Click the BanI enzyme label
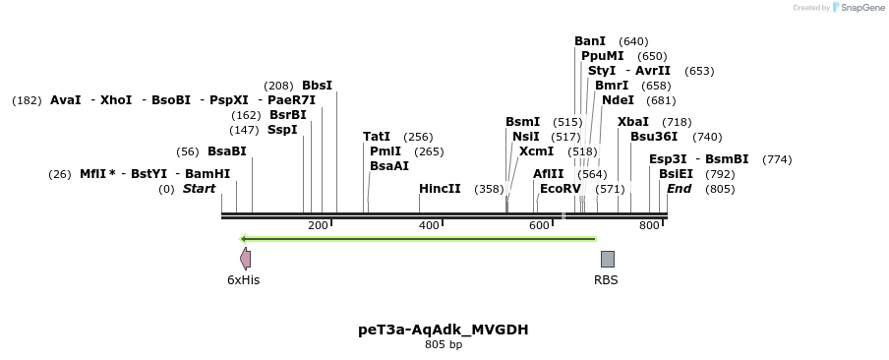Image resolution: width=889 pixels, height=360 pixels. (590, 41)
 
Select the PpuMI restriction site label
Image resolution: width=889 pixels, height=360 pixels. (602, 56)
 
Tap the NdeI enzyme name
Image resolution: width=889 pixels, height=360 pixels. (618, 100)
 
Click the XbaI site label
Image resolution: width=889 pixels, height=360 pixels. (633, 122)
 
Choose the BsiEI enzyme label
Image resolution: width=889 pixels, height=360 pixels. (676, 174)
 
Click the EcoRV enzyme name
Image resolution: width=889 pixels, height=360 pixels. (561, 189)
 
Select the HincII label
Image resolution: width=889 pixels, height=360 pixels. (440, 189)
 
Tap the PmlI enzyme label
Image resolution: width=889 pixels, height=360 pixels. (385, 151)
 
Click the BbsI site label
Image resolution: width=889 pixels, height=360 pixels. (317, 86)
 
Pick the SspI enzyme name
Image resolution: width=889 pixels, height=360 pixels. (282, 130)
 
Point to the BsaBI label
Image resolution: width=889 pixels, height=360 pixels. (227, 151)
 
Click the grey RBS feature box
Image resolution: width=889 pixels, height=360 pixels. (608, 259)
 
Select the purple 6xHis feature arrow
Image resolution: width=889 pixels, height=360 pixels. (245, 259)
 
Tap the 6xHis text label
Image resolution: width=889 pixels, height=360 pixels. (244, 280)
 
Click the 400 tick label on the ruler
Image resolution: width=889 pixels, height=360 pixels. (429, 226)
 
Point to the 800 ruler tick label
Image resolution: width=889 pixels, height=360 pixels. (649, 226)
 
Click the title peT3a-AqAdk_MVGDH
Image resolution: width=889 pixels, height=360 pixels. (444, 330)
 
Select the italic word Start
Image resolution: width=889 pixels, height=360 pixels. (199, 189)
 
